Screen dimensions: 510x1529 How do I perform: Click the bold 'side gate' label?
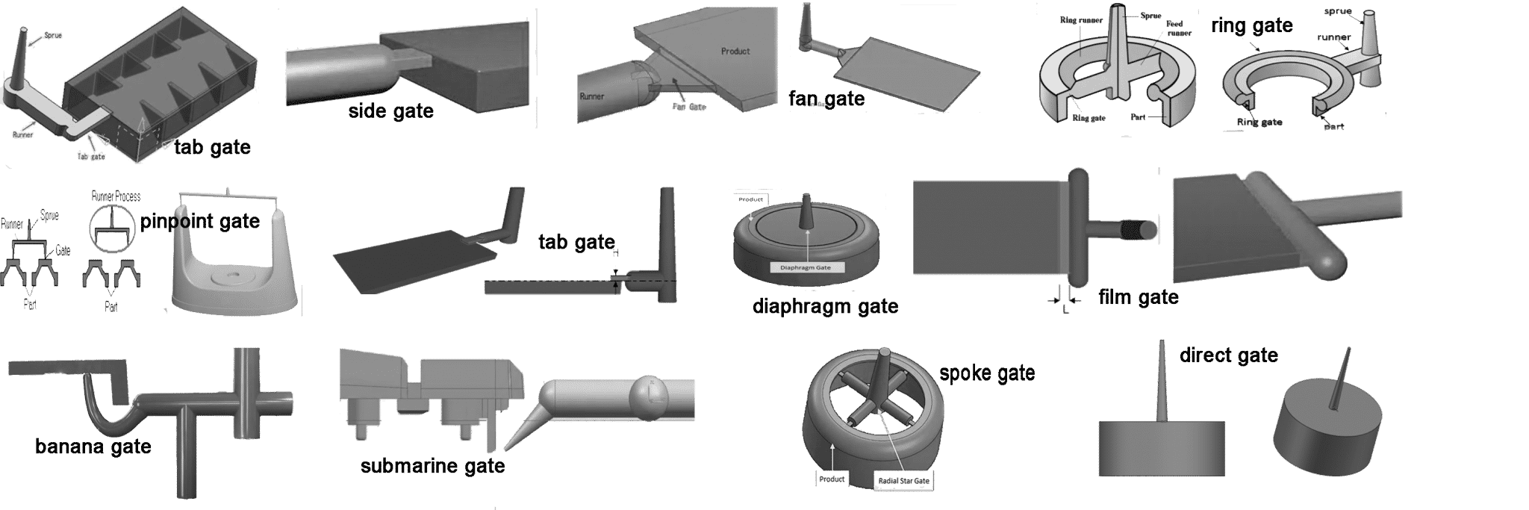coord(390,111)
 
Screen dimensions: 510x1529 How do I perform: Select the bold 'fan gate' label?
coord(826,99)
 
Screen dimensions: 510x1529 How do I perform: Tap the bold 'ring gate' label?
coord(1251,26)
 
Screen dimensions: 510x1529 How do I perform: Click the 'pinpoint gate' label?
coord(200,221)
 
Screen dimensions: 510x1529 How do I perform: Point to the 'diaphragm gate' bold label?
coord(825,306)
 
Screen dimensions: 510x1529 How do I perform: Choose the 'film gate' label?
coord(1139,297)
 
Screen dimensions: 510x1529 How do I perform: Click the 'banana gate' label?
coord(93,447)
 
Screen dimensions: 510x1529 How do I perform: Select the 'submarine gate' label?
coord(432,466)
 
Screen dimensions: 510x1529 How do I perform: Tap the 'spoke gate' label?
coord(987,373)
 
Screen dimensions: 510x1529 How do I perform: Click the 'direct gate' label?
coord(1228,355)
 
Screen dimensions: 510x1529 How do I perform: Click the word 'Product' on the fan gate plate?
coord(735,52)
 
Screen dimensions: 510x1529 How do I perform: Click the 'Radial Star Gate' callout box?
coord(903,481)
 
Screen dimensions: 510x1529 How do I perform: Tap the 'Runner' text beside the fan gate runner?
coord(592,96)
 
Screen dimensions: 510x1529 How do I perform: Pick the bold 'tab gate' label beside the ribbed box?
coord(212,147)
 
